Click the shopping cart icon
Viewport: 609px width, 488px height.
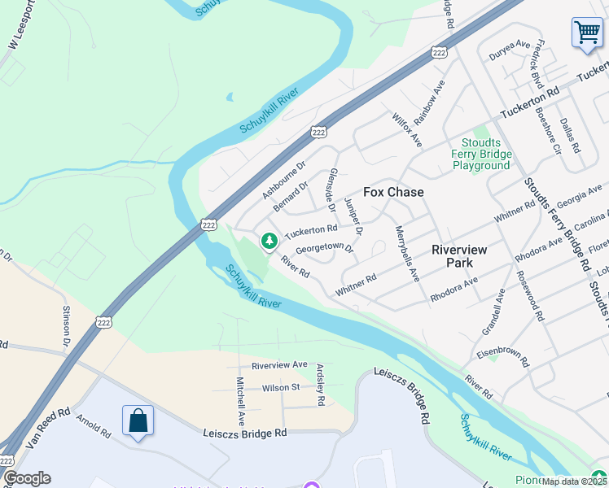[x=586, y=33]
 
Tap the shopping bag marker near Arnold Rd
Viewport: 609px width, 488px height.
[x=138, y=421]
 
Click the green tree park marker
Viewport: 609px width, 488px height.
[x=269, y=241]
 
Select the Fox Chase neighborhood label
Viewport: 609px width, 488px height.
[x=393, y=192]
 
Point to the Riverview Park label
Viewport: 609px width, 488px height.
[x=459, y=256]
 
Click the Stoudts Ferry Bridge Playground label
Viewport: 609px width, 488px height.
[x=481, y=155]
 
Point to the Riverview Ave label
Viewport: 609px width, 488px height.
[x=279, y=365]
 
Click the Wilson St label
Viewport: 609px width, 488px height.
[x=281, y=387]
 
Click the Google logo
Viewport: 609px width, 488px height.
[x=26, y=478]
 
